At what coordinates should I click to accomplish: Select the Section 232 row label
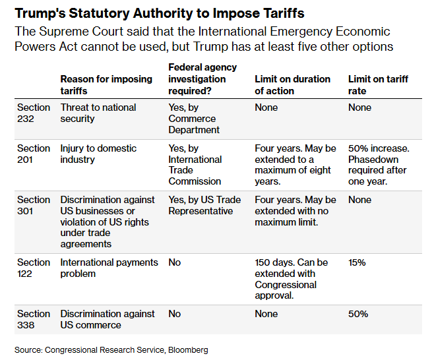[33, 113]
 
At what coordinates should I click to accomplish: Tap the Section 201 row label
[33, 154]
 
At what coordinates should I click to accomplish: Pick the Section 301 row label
[33, 205]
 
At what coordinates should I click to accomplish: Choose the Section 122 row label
[33, 268]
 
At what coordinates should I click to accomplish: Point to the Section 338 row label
[33, 319]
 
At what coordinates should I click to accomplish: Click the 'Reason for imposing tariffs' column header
[106, 84]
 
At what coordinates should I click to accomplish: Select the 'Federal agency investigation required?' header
[202, 78]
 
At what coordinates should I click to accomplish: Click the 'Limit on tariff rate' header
[378, 84]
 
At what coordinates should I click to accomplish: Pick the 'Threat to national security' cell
[98, 113]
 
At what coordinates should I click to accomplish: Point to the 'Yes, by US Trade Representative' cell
[204, 205]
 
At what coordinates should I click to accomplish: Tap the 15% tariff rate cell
[357, 262]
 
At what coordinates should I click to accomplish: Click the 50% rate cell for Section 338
[358, 314]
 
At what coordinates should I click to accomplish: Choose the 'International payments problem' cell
[109, 268]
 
